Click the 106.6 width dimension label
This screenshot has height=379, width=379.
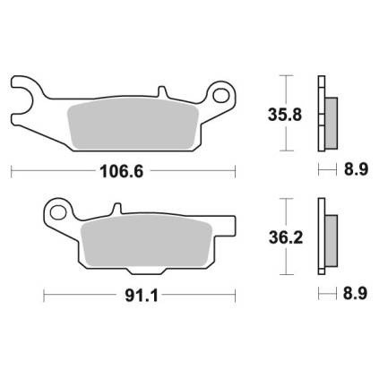coord(122,171)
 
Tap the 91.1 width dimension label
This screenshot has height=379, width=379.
coord(142,296)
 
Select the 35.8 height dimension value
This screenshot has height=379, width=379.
coord(285,115)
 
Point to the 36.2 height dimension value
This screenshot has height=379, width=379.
coord(286,238)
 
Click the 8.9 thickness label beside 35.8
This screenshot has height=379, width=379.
coord(356,169)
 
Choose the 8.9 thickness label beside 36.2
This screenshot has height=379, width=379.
coord(355,293)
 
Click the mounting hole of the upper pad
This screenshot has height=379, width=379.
coord(221,95)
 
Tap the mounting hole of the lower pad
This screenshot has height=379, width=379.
coord(58,212)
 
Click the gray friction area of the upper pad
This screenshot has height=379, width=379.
coord(134,124)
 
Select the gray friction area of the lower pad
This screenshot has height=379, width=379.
coord(147,240)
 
